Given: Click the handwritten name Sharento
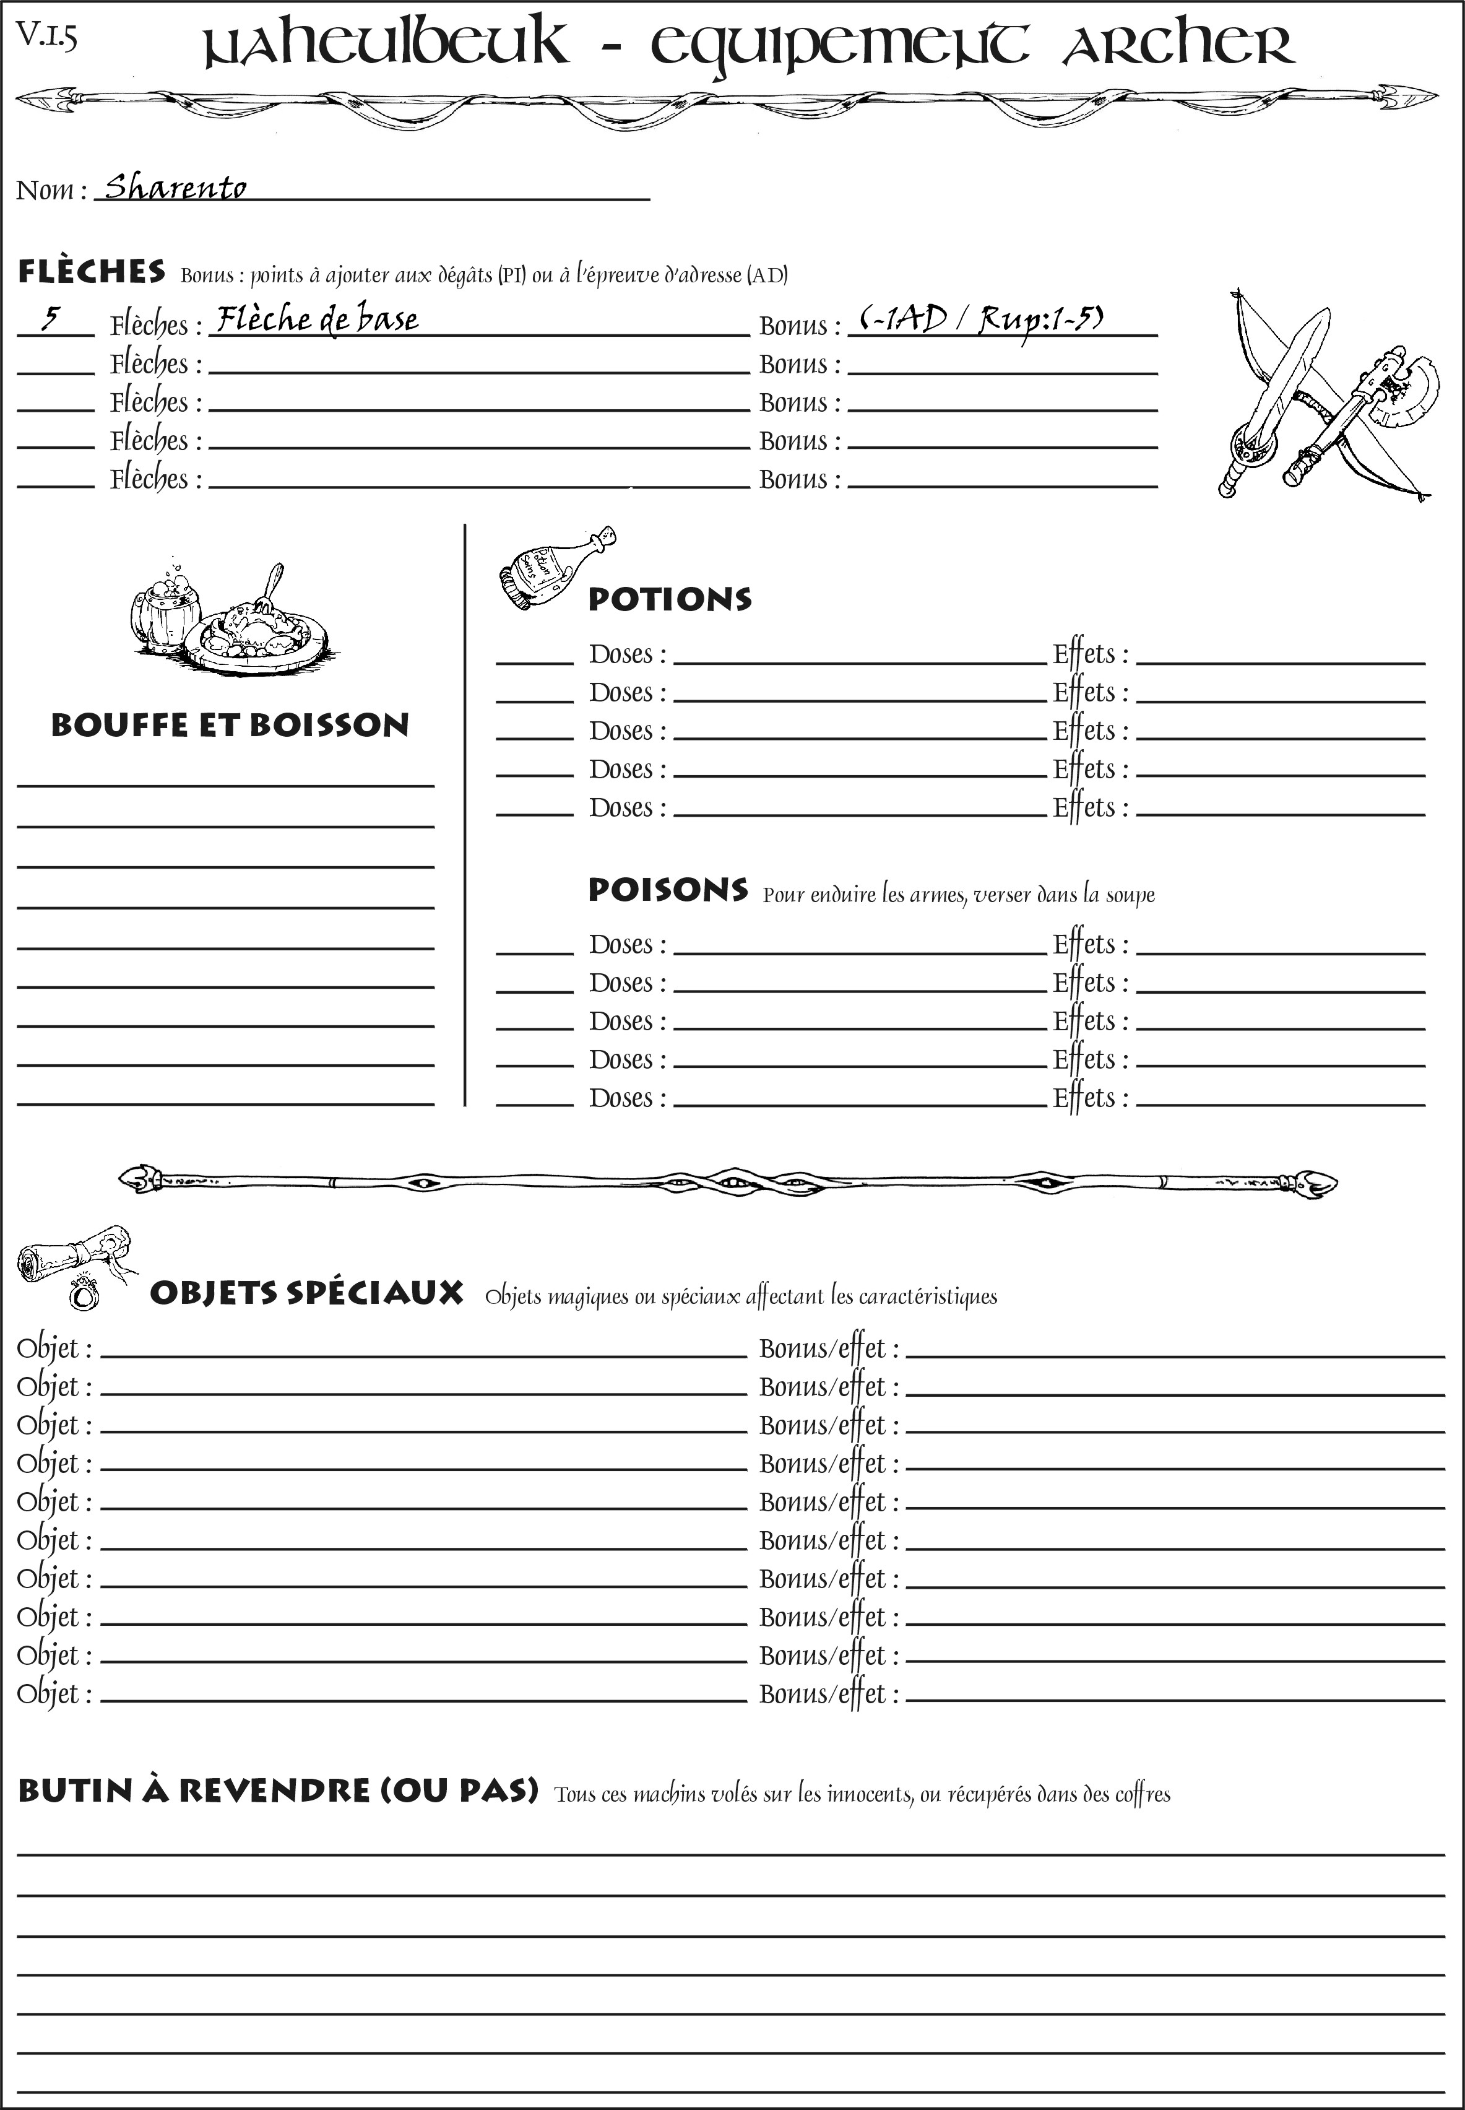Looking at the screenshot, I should [x=175, y=188].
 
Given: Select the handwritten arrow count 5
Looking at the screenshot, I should [x=51, y=319].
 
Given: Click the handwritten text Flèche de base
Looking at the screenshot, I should [x=317, y=319].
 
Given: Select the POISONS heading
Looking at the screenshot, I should [x=667, y=890].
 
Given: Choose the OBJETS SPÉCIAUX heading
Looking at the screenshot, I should [x=306, y=1293].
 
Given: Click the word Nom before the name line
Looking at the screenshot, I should [x=46, y=190].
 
